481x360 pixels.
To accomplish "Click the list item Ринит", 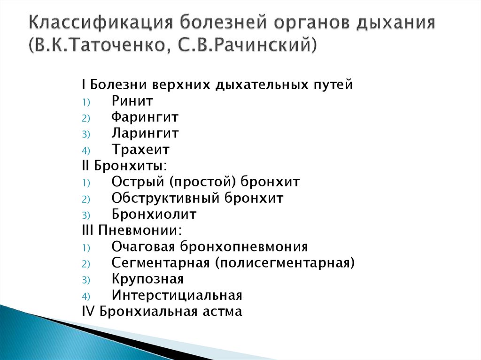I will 132,101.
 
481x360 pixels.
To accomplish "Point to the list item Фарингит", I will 145,117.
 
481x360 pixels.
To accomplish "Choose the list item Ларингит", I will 145,133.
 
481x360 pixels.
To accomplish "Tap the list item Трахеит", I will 140,150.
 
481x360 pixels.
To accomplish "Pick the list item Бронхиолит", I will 154,214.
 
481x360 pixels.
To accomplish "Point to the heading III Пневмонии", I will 132,230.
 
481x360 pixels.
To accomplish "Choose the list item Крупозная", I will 147,279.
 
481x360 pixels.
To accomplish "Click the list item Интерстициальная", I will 177,296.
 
